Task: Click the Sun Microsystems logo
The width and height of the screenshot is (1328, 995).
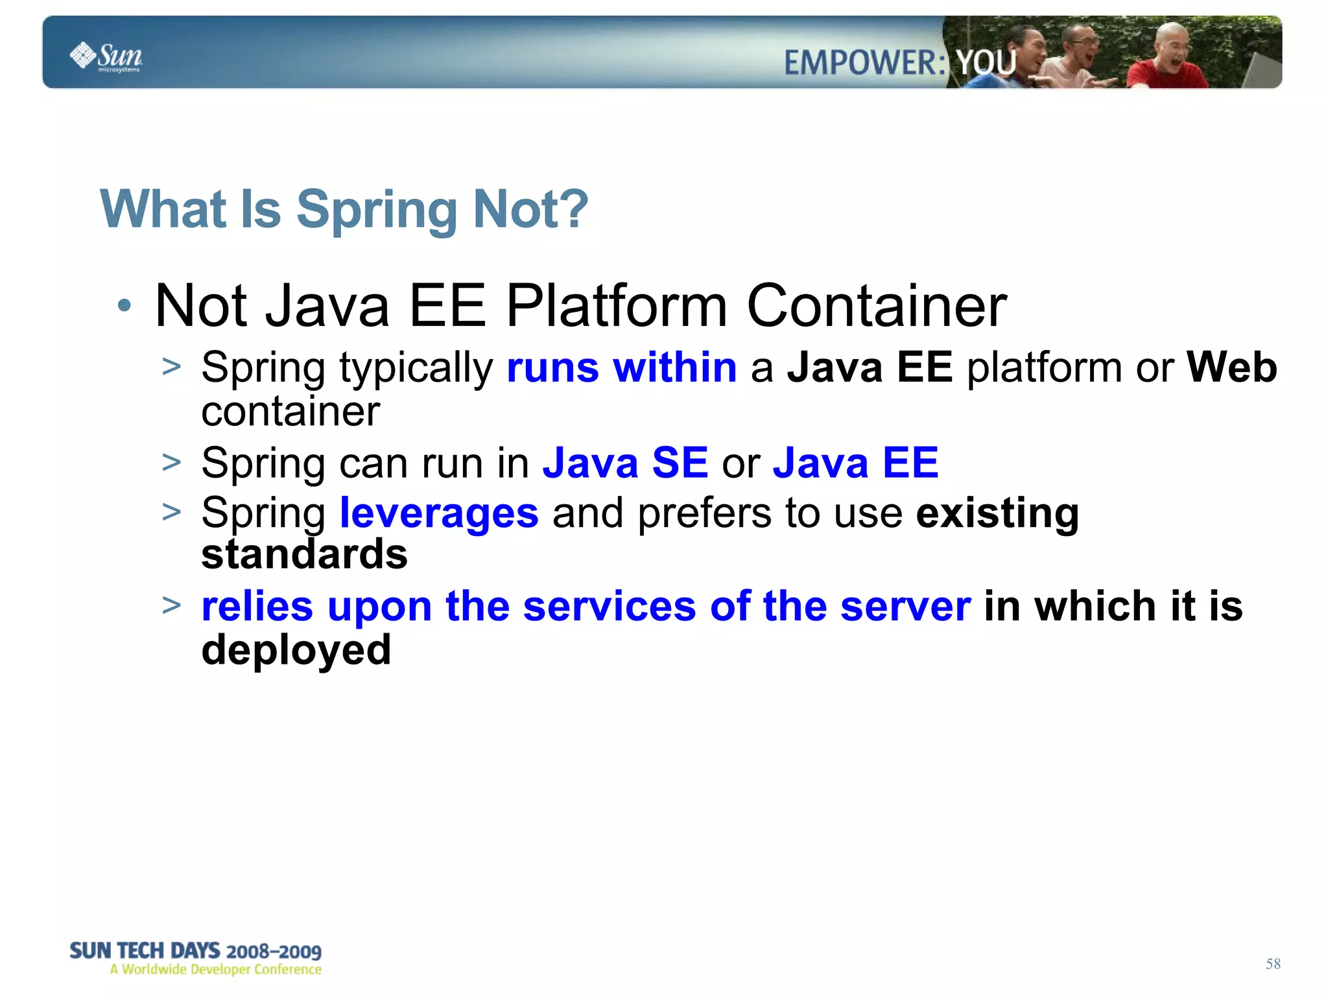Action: (x=106, y=56)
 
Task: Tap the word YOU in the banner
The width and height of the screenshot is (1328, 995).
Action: (x=986, y=63)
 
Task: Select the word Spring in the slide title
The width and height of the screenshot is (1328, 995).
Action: (x=377, y=210)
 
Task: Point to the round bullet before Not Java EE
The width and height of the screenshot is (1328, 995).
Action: (x=124, y=305)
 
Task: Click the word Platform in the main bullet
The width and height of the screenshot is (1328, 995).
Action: (x=617, y=306)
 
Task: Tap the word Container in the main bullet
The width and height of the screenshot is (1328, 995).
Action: (x=877, y=306)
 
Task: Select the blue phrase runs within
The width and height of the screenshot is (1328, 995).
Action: (x=621, y=368)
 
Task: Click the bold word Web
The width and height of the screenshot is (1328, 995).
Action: (x=1231, y=368)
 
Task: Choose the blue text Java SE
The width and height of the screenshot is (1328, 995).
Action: (x=625, y=463)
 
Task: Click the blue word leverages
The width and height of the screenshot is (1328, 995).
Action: (x=439, y=513)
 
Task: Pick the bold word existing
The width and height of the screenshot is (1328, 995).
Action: (x=997, y=513)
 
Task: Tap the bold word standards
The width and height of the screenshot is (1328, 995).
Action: (x=304, y=555)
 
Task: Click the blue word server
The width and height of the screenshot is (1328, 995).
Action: (x=905, y=607)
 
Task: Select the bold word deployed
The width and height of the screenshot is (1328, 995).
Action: (x=296, y=650)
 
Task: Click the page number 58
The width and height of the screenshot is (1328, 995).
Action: (x=1272, y=964)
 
